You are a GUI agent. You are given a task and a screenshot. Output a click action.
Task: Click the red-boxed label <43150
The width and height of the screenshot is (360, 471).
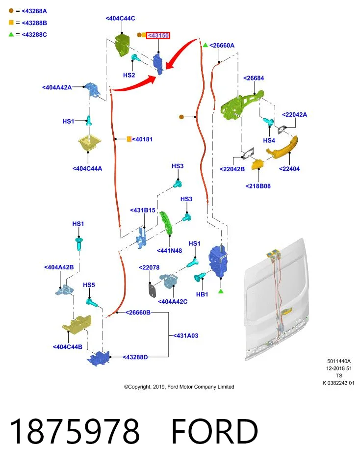pyautogui.click(x=158, y=35)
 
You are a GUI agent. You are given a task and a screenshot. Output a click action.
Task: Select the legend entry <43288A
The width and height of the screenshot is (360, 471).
pyautogui.click(x=34, y=11)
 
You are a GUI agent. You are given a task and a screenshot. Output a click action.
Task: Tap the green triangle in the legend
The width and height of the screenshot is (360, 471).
pyautogui.click(x=11, y=34)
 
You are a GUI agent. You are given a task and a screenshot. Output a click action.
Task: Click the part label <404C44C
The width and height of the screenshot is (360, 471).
pyautogui.click(x=120, y=18)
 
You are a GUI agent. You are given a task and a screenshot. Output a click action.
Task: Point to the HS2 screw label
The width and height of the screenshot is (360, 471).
pyautogui.click(x=129, y=75)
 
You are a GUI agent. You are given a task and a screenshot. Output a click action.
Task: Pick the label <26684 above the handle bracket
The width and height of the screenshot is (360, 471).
pyautogui.click(x=254, y=78)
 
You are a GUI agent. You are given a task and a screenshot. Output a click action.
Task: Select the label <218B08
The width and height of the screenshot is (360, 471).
pyautogui.click(x=258, y=186)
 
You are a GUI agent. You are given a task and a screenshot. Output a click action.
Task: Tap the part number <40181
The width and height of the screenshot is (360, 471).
pyautogui.click(x=142, y=139)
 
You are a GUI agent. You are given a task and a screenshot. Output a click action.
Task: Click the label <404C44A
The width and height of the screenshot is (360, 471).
pyautogui.click(x=87, y=169)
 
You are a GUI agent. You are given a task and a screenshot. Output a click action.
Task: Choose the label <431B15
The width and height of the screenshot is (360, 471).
pyautogui.click(x=143, y=210)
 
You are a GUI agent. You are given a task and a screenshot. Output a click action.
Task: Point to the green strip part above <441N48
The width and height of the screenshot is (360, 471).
pyautogui.click(x=166, y=223)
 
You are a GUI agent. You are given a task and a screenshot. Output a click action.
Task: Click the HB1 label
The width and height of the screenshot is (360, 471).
pyautogui.click(x=202, y=294)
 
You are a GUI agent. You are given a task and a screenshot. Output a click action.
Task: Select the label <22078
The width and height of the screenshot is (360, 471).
pyautogui.click(x=149, y=268)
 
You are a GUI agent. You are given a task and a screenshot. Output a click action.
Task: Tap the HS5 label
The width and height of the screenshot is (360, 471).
pyautogui.click(x=89, y=285)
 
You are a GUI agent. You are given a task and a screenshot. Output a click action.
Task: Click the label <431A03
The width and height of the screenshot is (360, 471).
pyautogui.click(x=186, y=336)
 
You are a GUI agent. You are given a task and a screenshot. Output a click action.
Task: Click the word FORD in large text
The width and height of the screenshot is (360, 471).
pyautogui.click(x=215, y=431)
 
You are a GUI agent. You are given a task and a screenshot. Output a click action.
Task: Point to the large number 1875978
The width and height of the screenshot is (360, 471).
pyautogui.click(x=75, y=431)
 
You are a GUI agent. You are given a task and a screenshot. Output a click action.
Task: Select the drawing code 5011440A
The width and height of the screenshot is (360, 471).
pyautogui.click(x=339, y=362)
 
